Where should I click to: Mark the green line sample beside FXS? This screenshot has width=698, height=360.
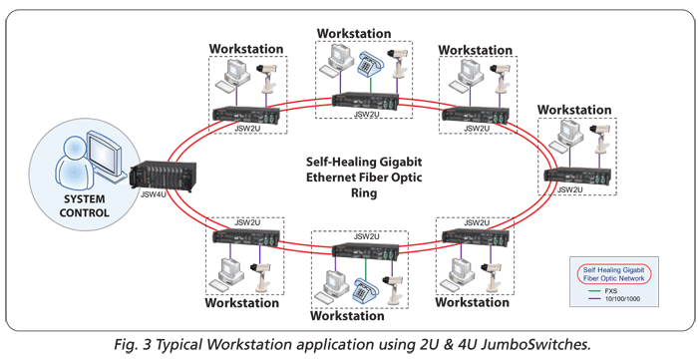point(594,292)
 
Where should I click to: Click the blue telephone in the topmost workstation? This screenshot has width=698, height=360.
point(370,62)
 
